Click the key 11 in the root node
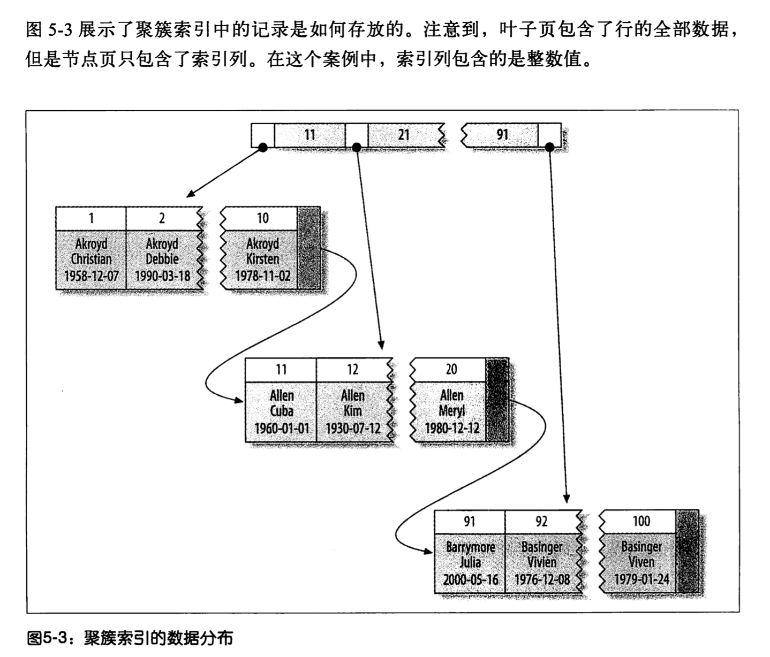(310, 135)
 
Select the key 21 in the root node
(404, 135)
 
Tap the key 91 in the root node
(502, 135)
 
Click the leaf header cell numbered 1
(91, 218)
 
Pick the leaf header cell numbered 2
(162, 218)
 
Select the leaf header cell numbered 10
(262, 218)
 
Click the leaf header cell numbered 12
(352, 370)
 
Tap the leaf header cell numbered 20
(451, 370)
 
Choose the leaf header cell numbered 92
(541, 522)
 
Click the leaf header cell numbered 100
(641, 522)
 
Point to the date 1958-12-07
(91, 276)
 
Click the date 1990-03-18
(162, 276)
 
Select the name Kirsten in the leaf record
(262, 259)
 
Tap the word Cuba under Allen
(281, 411)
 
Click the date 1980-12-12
(452, 428)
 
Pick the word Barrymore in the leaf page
(470, 547)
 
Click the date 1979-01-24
(641, 579)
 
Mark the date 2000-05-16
(470, 579)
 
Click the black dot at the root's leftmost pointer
(263, 147)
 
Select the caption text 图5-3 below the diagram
(48, 638)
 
